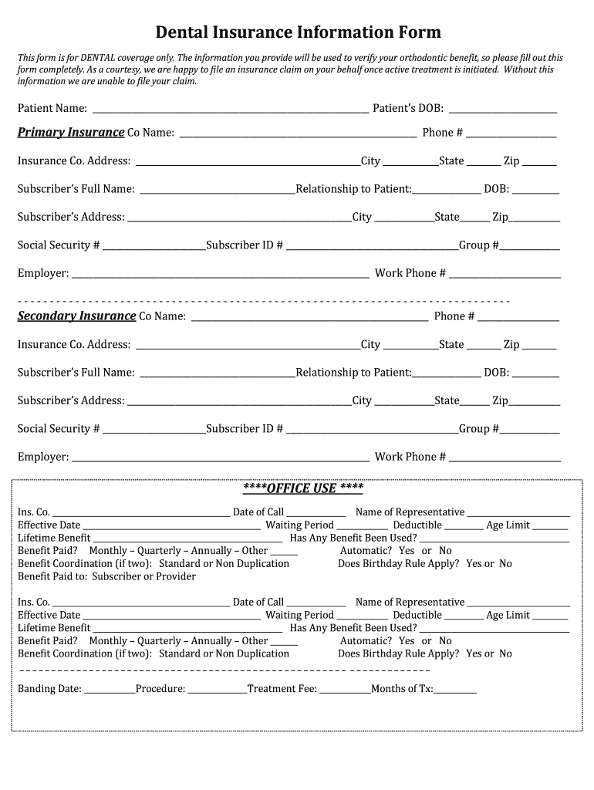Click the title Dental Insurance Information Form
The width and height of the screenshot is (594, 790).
(x=298, y=32)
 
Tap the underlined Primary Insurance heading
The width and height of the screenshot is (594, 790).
(x=71, y=132)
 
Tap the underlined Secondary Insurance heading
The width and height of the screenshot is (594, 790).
(x=77, y=316)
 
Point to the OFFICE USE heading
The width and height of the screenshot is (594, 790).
(x=303, y=488)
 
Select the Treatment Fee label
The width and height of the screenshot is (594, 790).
(x=282, y=689)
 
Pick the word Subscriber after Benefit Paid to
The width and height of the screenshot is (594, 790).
(x=116, y=576)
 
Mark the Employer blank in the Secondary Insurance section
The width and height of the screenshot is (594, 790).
(x=220, y=459)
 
